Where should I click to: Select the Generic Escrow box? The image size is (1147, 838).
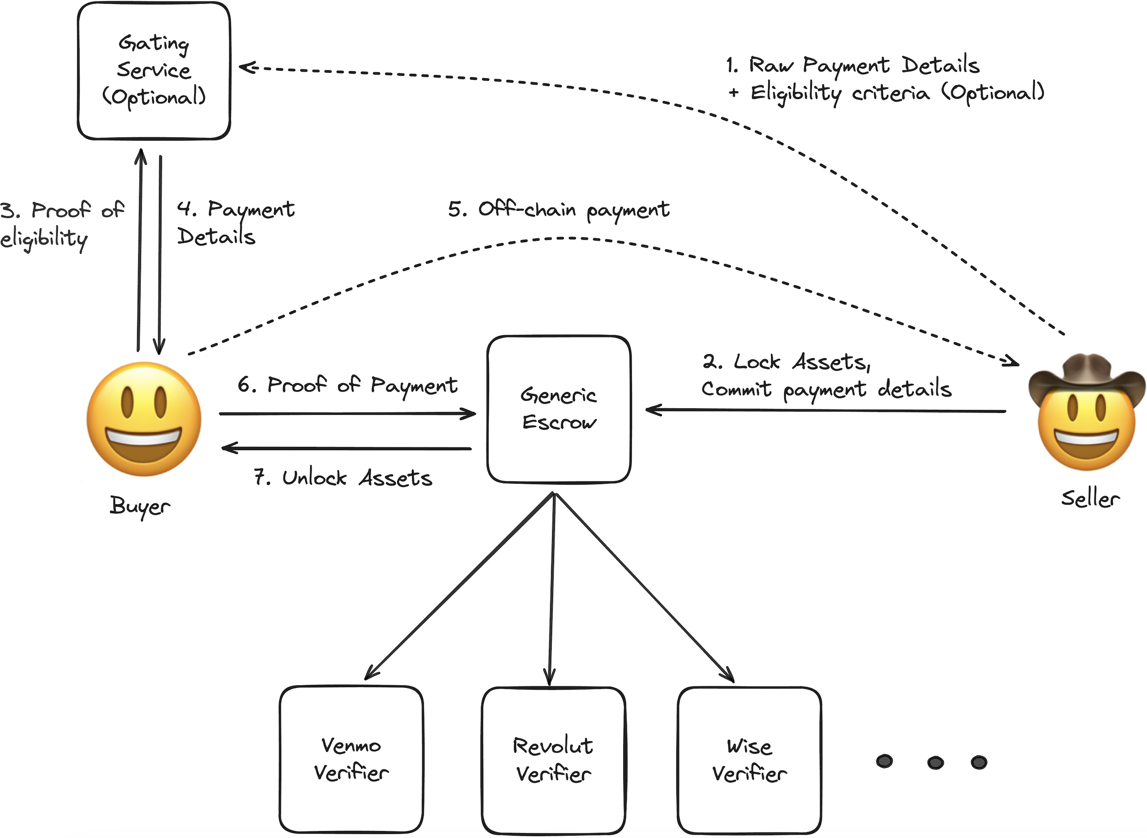tap(559, 409)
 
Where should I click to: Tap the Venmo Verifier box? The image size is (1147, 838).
tap(351, 759)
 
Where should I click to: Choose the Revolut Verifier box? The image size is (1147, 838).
tap(553, 760)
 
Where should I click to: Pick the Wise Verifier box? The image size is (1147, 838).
tap(749, 760)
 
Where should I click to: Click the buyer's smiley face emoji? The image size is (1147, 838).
tap(144, 419)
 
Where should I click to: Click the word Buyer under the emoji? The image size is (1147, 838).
tap(140, 506)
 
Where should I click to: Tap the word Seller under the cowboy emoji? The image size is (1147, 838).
tap(1090, 499)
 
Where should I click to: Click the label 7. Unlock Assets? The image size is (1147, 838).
tap(343, 478)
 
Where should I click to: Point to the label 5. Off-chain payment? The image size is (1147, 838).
tap(559, 209)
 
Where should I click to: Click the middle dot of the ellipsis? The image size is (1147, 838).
tap(935, 763)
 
